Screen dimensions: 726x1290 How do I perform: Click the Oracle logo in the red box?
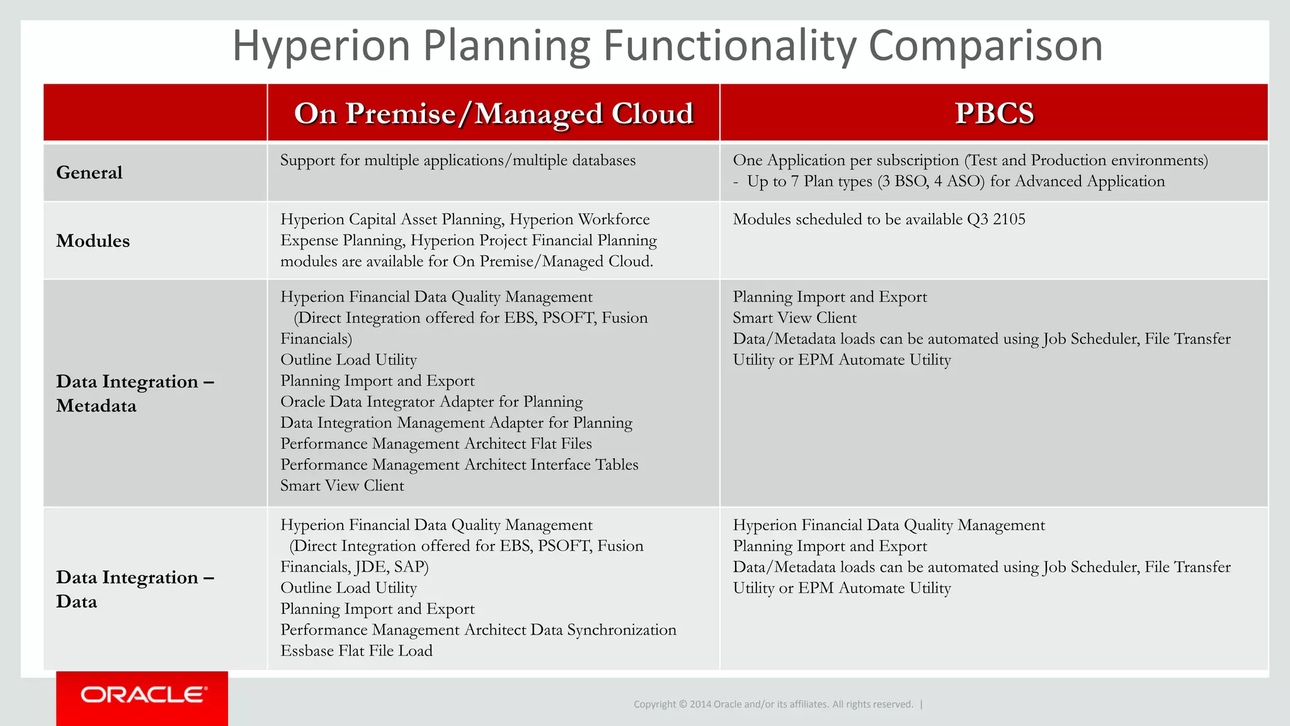[x=143, y=694]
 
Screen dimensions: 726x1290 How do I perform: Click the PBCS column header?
[x=993, y=113]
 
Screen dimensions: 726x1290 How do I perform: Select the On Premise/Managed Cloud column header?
[x=493, y=113]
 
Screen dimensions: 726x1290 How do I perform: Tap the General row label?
[x=89, y=173]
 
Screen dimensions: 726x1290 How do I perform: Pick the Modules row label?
[x=93, y=241]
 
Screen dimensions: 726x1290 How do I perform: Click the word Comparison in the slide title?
[x=985, y=45]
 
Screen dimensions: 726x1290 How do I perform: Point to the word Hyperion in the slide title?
[x=321, y=45]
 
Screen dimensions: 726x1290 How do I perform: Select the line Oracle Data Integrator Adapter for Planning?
[x=431, y=401]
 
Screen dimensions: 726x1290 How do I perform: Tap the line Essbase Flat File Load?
[x=357, y=650]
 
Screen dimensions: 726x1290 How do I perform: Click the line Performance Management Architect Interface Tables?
[x=459, y=464]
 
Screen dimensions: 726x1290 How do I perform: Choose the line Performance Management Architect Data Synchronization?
[x=478, y=630]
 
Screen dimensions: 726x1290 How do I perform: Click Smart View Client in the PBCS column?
[x=794, y=318]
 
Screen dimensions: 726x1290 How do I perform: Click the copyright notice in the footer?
[x=773, y=704]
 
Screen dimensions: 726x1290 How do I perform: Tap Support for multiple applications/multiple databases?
[x=458, y=160]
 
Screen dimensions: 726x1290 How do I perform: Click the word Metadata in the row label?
[x=96, y=406]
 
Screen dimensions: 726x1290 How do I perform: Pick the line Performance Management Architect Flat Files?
[x=436, y=444]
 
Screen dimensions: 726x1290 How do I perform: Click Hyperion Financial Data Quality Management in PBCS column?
[x=888, y=525]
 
